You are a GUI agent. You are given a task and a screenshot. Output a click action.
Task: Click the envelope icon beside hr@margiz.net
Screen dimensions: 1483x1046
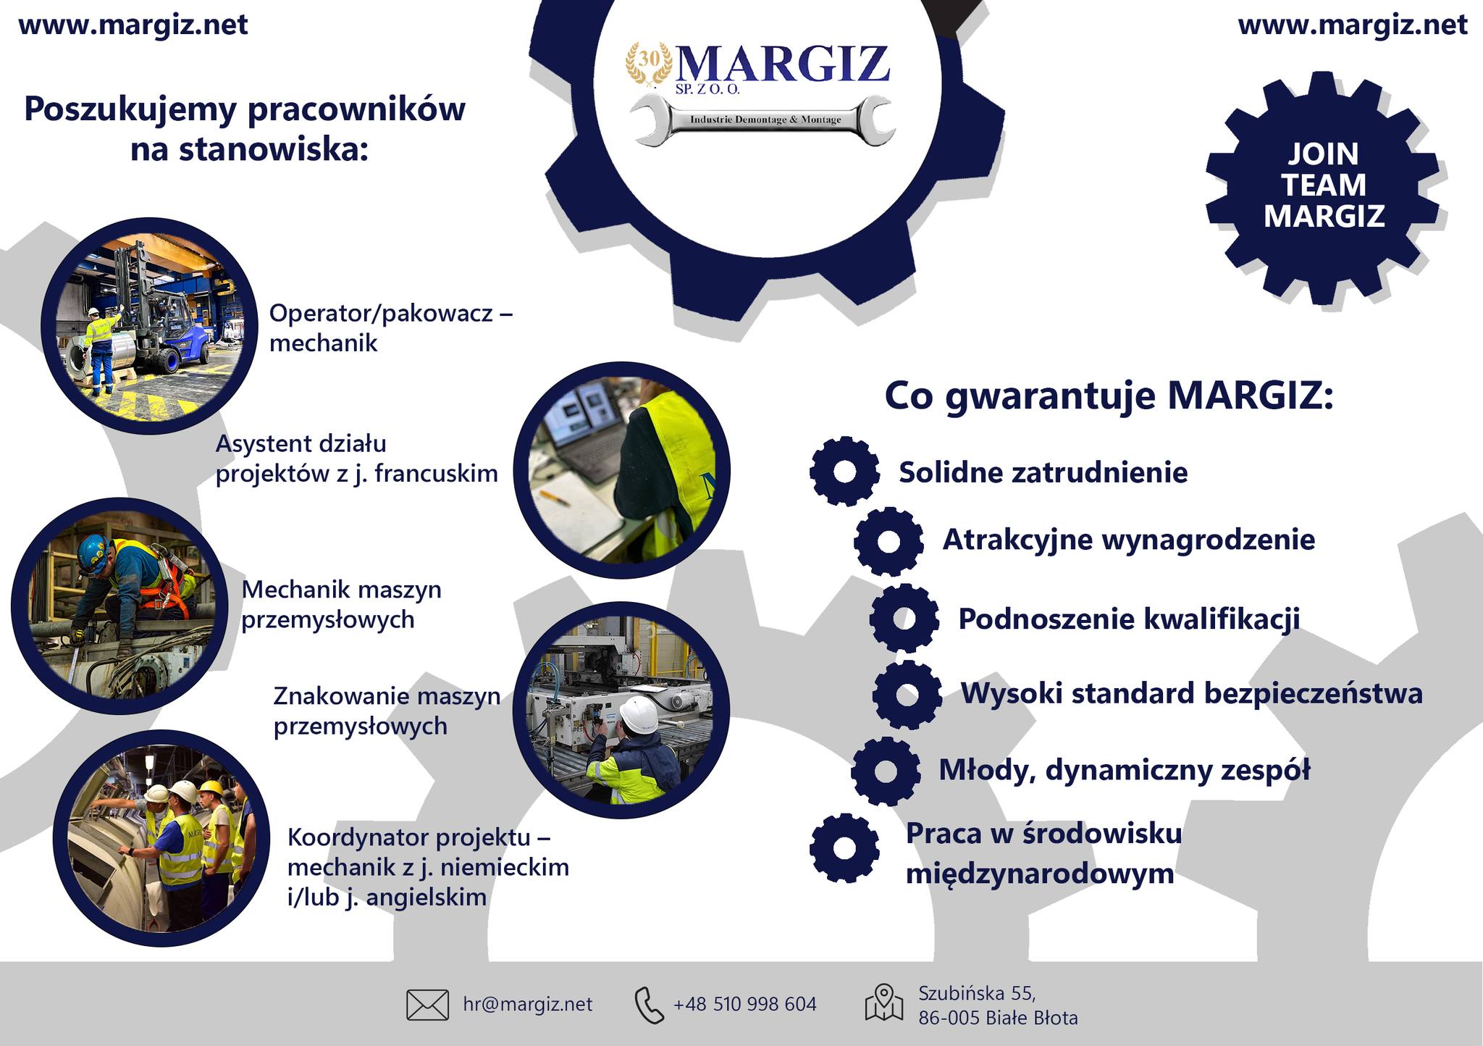coord(427,1005)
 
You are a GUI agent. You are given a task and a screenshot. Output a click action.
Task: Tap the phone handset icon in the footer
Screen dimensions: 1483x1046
coord(649,1005)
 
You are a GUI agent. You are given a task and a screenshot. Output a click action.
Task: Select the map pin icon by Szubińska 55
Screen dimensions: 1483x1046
coord(884,1003)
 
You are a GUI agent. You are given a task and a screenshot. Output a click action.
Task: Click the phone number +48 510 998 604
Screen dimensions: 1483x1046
coord(744,1004)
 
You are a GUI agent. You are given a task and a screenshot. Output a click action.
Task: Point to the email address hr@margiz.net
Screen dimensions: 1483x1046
coord(527,1004)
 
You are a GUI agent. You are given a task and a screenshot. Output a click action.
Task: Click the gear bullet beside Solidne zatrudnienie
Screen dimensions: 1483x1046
coord(844,471)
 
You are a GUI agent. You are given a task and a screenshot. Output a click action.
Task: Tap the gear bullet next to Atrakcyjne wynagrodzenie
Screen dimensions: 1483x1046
coord(888,541)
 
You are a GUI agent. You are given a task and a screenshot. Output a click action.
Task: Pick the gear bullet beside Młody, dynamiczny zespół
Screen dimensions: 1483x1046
coord(886,771)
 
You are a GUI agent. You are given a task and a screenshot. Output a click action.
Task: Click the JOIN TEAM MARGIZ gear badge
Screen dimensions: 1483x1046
coord(1323,186)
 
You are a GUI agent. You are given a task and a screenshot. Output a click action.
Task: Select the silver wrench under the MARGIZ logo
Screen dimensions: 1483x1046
coord(762,120)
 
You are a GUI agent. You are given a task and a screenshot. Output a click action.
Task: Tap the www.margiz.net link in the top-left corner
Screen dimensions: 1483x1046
coord(133,25)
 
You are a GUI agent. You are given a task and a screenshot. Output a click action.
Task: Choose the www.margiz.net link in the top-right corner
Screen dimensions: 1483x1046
coord(1353,25)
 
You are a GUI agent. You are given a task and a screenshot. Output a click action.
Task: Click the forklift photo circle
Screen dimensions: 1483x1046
coord(150,326)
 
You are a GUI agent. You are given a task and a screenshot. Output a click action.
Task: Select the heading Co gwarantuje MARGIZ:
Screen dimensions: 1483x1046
coord(1109,397)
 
